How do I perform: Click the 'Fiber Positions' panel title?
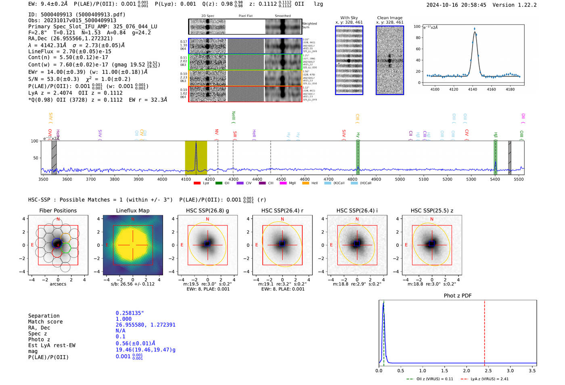pyautogui.click(x=58, y=210)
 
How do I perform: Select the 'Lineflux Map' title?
pyautogui.click(x=132, y=210)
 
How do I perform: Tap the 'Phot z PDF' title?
pyautogui.click(x=457, y=295)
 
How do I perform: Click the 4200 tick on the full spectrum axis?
pyautogui.click(x=209, y=179)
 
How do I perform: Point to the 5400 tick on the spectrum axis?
pyautogui.click(x=495, y=179)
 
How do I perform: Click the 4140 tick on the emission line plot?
pyautogui.click(x=472, y=89)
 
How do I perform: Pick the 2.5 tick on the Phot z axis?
pyautogui.click(x=488, y=370)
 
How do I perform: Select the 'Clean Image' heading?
pyautogui.click(x=389, y=18)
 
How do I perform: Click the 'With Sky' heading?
pyautogui.click(x=349, y=18)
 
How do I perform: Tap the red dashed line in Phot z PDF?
pyautogui.click(x=484, y=331)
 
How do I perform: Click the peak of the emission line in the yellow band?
pyautogui.click(x=196, y=143)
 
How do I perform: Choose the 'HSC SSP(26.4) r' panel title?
pyautogui.click(x=282, y=210)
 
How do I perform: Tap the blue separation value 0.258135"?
pyautogui.click(x=130, y=313)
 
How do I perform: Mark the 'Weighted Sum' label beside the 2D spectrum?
pyautogui.click(x=309, y=25)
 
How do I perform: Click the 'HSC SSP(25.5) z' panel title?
pyautogui.click(x=432, y=210)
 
